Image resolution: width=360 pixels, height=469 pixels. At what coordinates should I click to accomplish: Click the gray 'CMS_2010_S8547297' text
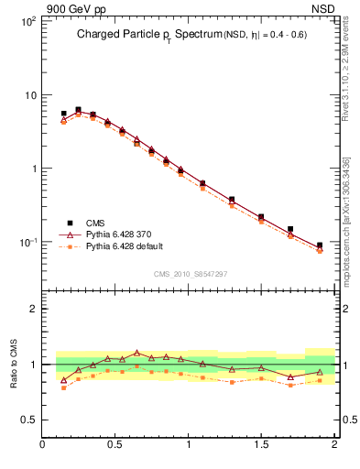coord(190,274)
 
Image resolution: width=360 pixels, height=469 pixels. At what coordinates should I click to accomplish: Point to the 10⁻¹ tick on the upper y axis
coord(28,243)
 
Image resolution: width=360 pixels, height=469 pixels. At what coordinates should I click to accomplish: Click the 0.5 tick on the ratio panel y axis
coord(29,420)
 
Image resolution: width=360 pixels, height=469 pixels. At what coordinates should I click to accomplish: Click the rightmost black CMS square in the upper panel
coord(320,245)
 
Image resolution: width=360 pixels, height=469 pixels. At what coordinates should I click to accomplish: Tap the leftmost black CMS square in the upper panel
coord(63,114)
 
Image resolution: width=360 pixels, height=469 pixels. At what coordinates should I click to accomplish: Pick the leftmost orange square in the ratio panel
coord(63,387)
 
